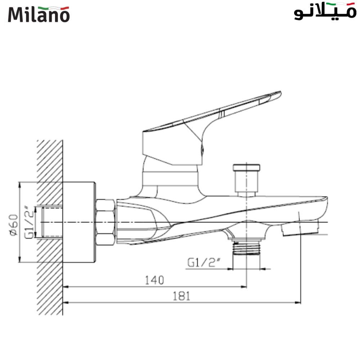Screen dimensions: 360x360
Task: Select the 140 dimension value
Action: [154, 279]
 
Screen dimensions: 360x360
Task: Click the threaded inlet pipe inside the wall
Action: [52, 222]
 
